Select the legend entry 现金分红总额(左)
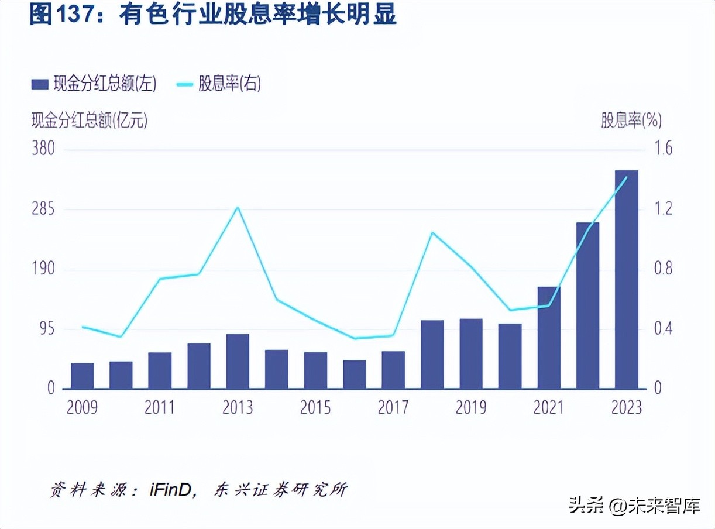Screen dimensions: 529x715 click(94, 84)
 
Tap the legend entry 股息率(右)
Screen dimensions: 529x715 click(219, 84)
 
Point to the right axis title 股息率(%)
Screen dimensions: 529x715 click(631, 121)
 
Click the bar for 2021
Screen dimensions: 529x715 click(549, 338)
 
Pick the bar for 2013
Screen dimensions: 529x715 click(238, 362)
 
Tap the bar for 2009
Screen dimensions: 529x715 click(82, 376)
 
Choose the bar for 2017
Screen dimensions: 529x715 click(393, 370)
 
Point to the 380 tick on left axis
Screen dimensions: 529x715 click(43, 149)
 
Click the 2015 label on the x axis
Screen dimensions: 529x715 click(315, 407)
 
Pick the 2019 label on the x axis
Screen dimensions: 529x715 click(471, 407)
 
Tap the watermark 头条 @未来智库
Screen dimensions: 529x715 click(634, 505)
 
